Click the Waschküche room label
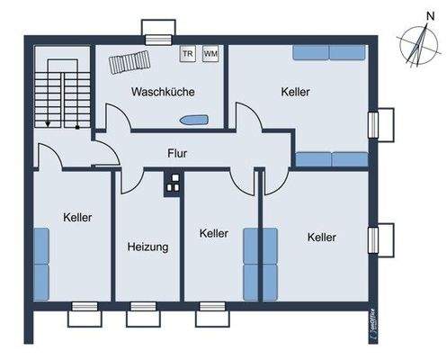point(163,92)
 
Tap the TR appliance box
point(189,54)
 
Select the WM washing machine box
point(210,54)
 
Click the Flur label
point(177,154)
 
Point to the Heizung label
point(148,246)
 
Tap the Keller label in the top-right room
point(295,93)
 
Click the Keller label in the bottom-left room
point(77,217)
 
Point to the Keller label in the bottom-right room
point(321,238)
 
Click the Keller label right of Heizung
point(212,233)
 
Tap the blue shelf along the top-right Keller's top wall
point(328,52)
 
